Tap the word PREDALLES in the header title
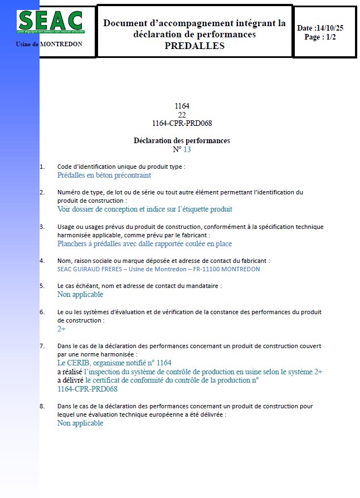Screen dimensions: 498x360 click(194, 46)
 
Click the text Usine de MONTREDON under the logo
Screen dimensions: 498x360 click(49, 44)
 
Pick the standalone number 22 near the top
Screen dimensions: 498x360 click(182, 115)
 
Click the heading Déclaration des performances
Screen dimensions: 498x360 click(182, 140)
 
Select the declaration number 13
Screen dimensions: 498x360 click(187, 149)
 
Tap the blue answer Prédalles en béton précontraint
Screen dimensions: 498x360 click(104, 175)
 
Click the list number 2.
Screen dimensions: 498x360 click(42, 192)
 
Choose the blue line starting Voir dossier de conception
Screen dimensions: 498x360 click(144, 209)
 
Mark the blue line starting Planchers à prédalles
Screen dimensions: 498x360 click(144, 244)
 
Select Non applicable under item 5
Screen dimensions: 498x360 click(80, 294)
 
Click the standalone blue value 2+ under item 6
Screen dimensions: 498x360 click(62, 329)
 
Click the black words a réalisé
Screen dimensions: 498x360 click(70, 372)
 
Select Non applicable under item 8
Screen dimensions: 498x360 click(80, 423)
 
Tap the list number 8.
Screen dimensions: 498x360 click(42, 406)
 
